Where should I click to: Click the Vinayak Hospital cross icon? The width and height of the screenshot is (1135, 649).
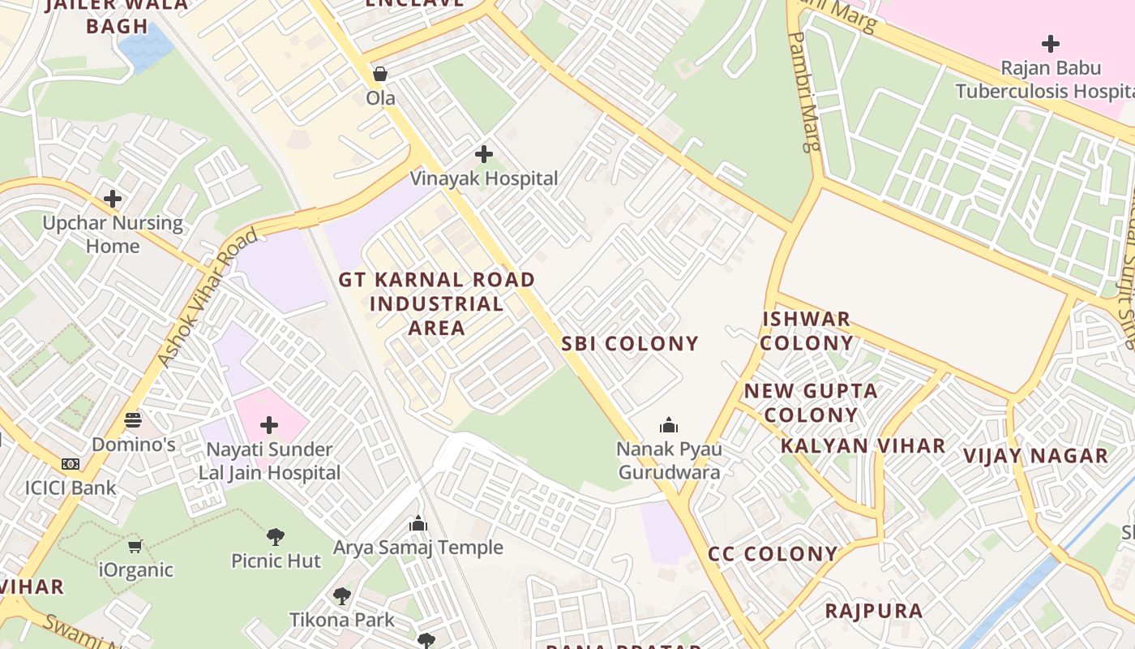[x=484, y=153]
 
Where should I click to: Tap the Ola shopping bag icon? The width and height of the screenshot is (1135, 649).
[x=379, y=75]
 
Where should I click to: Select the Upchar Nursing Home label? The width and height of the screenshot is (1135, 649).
[x=113, y=234]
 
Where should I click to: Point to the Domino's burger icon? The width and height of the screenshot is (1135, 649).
[x=133, y=420]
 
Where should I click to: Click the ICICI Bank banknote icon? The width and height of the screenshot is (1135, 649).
[x=71, y=464]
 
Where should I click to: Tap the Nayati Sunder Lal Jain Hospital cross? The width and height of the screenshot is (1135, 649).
[x=269, y=425]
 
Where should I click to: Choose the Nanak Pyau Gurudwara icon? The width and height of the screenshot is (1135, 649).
[x=669, y=424]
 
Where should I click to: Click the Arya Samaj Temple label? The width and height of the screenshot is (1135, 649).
[x=418, y=548]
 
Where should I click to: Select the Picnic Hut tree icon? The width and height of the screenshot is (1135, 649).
[x=276, y=536]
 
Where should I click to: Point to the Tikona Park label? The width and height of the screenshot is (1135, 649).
[x=342, y=620]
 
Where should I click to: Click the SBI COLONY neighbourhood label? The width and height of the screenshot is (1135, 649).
[x=630, y=343]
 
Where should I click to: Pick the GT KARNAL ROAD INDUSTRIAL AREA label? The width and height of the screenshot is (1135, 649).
[x=436, y=303]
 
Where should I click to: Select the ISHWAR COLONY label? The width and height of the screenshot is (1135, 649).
[x=807, y=330]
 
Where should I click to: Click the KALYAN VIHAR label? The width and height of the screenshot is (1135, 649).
[x=863, y=445]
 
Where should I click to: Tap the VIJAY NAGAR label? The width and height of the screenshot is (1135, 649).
[x=1035, y=456]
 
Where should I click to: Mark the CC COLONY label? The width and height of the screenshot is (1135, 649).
[x=773, y=554]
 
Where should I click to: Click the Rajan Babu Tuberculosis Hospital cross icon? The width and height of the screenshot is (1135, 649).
[x=1051, y=43]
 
